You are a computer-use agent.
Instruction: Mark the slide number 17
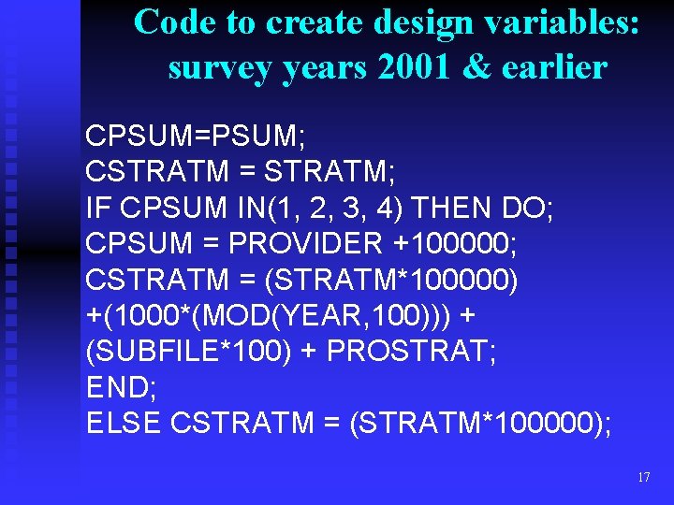[642, 477]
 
